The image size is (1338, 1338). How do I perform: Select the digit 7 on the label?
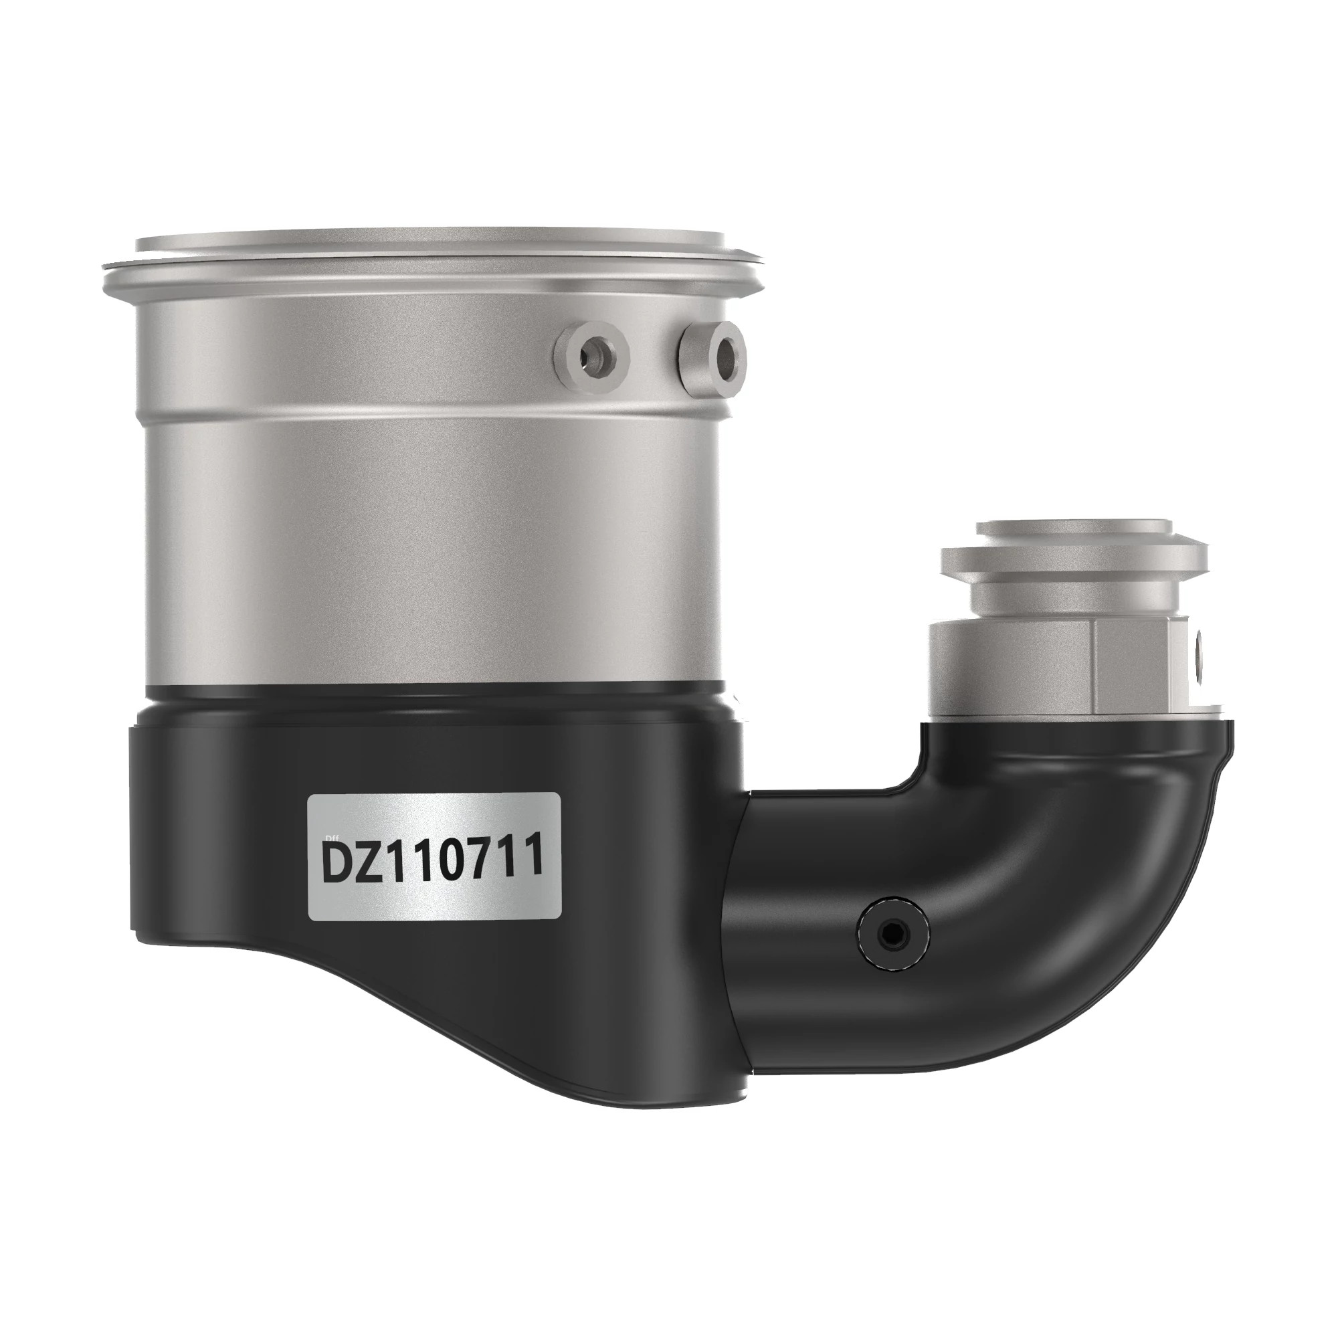click(x=490, y=861)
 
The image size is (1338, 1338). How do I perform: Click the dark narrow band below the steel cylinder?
click(x=436, y=699)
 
